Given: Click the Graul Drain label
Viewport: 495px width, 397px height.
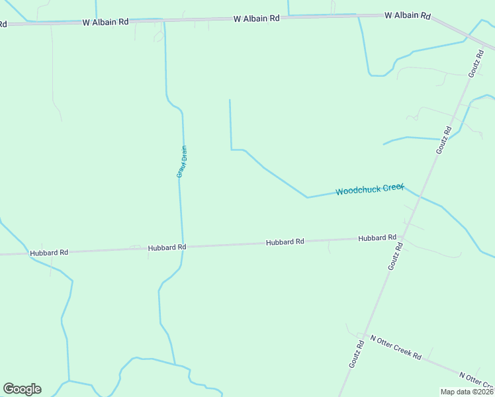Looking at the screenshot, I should (x=182, y=162).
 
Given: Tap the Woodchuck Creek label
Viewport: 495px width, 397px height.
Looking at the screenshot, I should (x=369, y=190).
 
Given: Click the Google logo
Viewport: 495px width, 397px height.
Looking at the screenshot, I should (x=22, y=389).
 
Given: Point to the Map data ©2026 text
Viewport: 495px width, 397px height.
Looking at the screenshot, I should (x=467, y=392).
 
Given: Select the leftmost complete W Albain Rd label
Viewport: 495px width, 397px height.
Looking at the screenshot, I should (x=105, y=22).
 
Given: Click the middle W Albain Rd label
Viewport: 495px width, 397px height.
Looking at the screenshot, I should (x=256, y=19).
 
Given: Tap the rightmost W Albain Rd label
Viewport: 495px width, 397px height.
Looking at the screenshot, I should (x=408, y=15).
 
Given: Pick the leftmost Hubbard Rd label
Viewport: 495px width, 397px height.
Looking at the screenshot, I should (x=49, y=253).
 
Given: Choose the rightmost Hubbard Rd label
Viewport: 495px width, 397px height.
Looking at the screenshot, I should (x=377, y=238).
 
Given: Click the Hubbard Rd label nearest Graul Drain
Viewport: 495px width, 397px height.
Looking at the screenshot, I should (x=167, y=247).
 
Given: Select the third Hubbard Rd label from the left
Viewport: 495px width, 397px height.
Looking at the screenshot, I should (x=285, y=242).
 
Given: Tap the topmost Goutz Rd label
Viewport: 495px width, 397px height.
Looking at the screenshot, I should (x=475, y=63).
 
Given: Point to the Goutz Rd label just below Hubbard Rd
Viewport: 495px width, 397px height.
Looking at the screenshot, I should (x=395, y=256).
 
